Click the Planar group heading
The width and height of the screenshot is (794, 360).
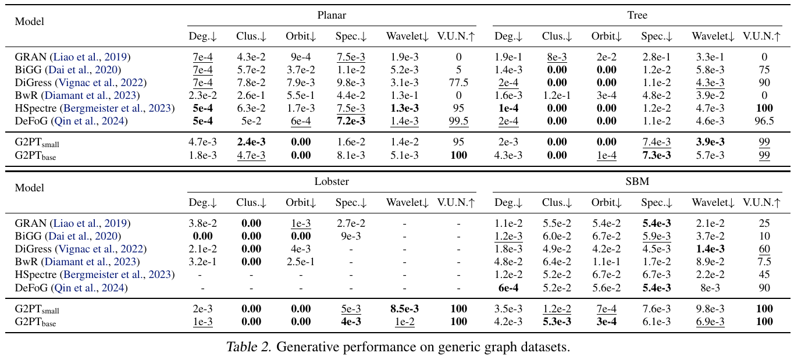(x=332, y=15)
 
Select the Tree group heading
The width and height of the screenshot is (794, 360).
(x=637, y=15)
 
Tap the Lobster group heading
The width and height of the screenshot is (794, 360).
(x=332, y=181)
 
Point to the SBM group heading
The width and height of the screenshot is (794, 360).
(x=637, y=181)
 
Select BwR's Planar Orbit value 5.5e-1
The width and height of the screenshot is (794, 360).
(x=301, y=95)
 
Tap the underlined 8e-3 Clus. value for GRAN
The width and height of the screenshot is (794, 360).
(x=557, y=57)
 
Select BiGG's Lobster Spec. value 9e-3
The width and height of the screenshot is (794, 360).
(x=351, y=236)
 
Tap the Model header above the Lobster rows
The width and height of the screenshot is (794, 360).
(x=29, y=188)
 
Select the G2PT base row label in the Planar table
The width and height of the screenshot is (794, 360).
(x=35, y=155)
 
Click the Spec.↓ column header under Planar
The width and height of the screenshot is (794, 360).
(x=351, y=36)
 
